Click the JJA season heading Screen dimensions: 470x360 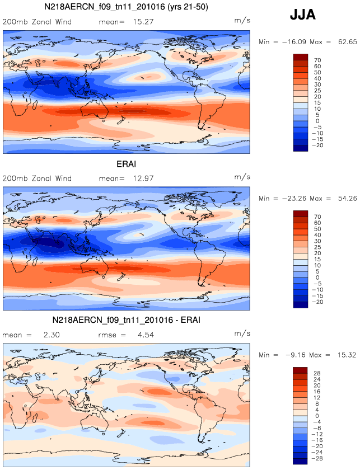click(302, 15)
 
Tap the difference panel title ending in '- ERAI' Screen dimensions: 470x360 click(126, 320)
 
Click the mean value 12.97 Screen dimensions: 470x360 click(143, 178)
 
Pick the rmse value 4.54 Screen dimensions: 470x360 click(143, 335)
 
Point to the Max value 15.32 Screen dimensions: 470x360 click(344, 355)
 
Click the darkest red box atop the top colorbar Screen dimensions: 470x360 click(300, 57)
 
